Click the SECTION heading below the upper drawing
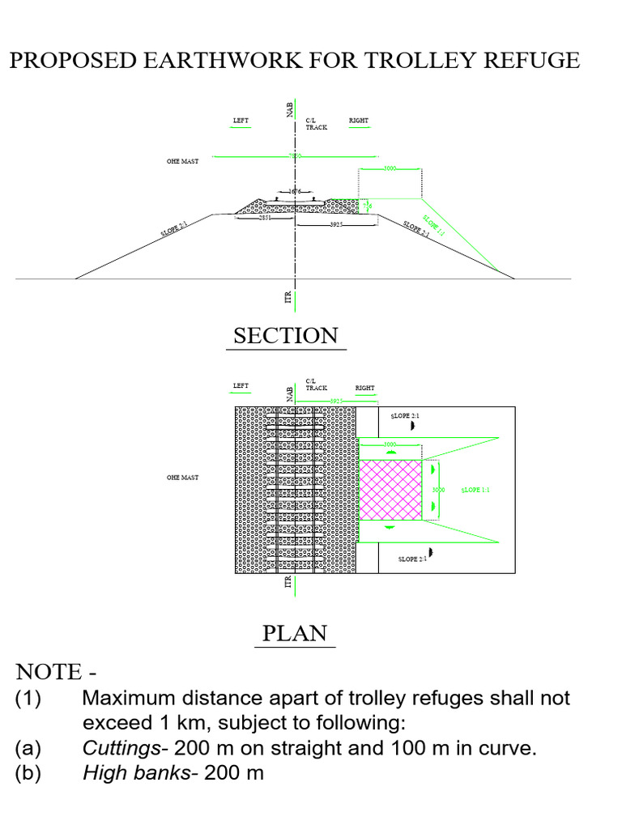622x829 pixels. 285,335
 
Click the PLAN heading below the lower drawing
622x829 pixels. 296,632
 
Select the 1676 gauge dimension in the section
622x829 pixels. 295,192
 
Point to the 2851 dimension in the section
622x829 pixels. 264,219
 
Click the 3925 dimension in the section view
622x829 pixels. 337,224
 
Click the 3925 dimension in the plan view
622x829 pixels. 337,401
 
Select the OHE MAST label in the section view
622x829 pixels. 182,161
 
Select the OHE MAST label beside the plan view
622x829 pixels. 182,478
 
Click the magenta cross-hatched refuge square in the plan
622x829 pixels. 390,490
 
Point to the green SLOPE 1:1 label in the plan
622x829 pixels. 476,490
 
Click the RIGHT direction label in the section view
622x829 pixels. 358,121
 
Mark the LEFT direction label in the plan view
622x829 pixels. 241,386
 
